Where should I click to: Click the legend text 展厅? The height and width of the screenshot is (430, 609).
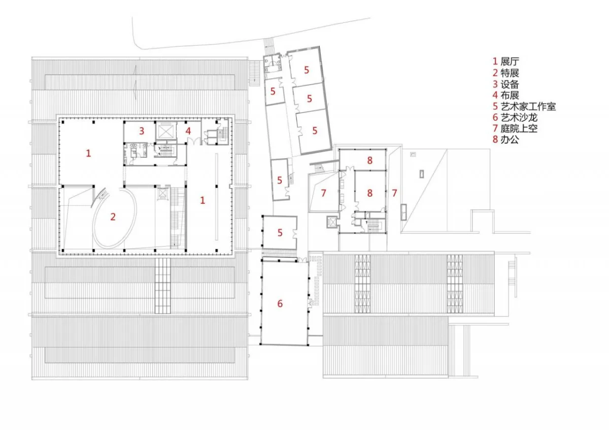(510, 61)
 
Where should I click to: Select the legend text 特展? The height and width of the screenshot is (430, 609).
(510, 73)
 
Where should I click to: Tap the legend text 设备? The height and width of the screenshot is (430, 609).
(510, 84)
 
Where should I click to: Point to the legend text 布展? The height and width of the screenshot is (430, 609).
(510, 95)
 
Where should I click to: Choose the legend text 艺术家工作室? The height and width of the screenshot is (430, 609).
(528, 106)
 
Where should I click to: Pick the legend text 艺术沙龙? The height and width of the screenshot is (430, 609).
(519, 118)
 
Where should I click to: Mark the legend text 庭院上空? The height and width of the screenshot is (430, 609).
(519, 128)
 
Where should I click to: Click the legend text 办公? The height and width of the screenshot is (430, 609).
(510, 139)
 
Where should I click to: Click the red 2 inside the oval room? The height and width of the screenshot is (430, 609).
(113, 217)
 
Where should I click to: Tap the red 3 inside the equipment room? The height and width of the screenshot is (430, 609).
(142, 131)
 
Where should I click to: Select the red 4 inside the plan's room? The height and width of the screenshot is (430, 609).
(188, 131)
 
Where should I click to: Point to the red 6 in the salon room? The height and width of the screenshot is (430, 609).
(280, 304)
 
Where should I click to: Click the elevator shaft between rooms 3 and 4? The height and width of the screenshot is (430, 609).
(164, 130)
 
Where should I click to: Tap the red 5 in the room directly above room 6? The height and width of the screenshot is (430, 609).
(280, 233)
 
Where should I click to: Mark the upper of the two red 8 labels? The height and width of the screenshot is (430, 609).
(369, 160)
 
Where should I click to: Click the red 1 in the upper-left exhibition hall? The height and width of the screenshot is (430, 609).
(88, 153)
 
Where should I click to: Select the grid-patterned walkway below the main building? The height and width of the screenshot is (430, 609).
(162, 285)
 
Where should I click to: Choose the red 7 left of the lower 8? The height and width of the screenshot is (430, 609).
(323, 193)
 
